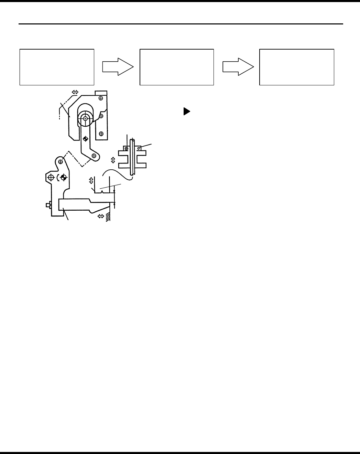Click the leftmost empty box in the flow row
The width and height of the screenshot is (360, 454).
coord(57,67)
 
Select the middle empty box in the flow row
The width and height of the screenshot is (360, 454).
coord(177,67)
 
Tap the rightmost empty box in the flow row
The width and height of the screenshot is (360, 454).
coord(296,67)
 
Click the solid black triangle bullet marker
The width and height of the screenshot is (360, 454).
coord(186,112)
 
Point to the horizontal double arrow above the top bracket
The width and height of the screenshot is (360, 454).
coord(75,92)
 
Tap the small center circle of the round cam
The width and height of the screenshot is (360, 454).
coord(85,119)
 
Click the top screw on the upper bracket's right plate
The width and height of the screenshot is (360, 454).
coord(101,98)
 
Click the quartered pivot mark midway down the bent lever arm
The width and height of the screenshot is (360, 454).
coord(85,139)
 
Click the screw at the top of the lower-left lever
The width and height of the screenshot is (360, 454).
coord(61,161)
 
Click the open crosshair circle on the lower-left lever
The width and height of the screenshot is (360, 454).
coord(51,178)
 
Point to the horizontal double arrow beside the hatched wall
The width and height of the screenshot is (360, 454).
coord(101,216)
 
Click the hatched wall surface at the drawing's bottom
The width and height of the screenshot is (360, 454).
coord(109,217)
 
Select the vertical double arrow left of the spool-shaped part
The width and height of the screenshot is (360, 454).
coord(113,160)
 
